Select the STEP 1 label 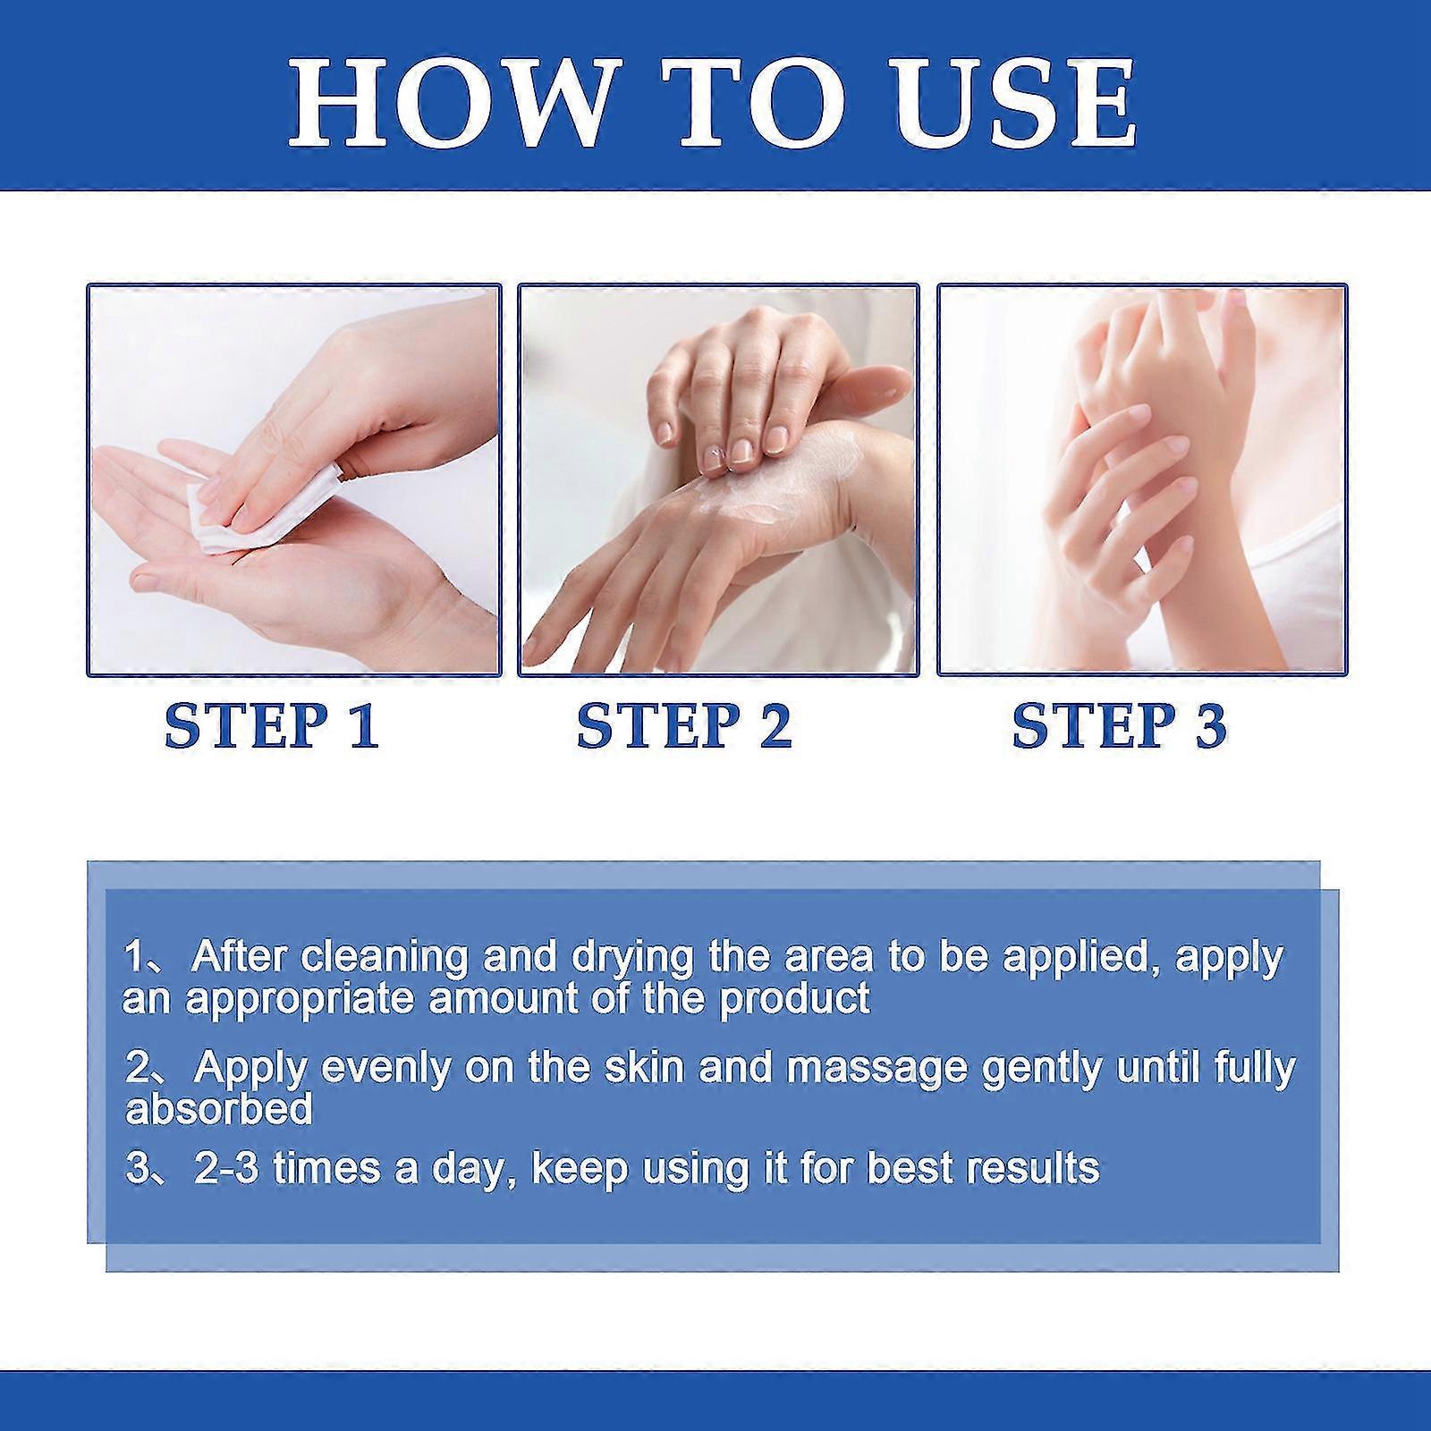point(273,725)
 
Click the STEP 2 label point(685,725)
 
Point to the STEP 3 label point(1120,725)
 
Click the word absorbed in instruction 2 point(219,1109)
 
